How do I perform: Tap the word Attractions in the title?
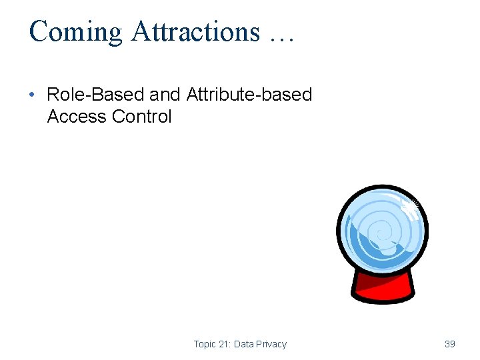point(195,32)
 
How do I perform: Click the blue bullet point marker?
point(33,95)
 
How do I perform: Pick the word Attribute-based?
point(249,95)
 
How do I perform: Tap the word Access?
point(77,117)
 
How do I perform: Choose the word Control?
point(142,117)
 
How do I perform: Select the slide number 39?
point(450,344)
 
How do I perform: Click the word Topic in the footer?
point(205,344)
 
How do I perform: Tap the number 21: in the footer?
point(227,344)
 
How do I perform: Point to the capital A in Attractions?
point(141,32)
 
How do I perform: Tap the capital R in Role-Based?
point(53,95)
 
